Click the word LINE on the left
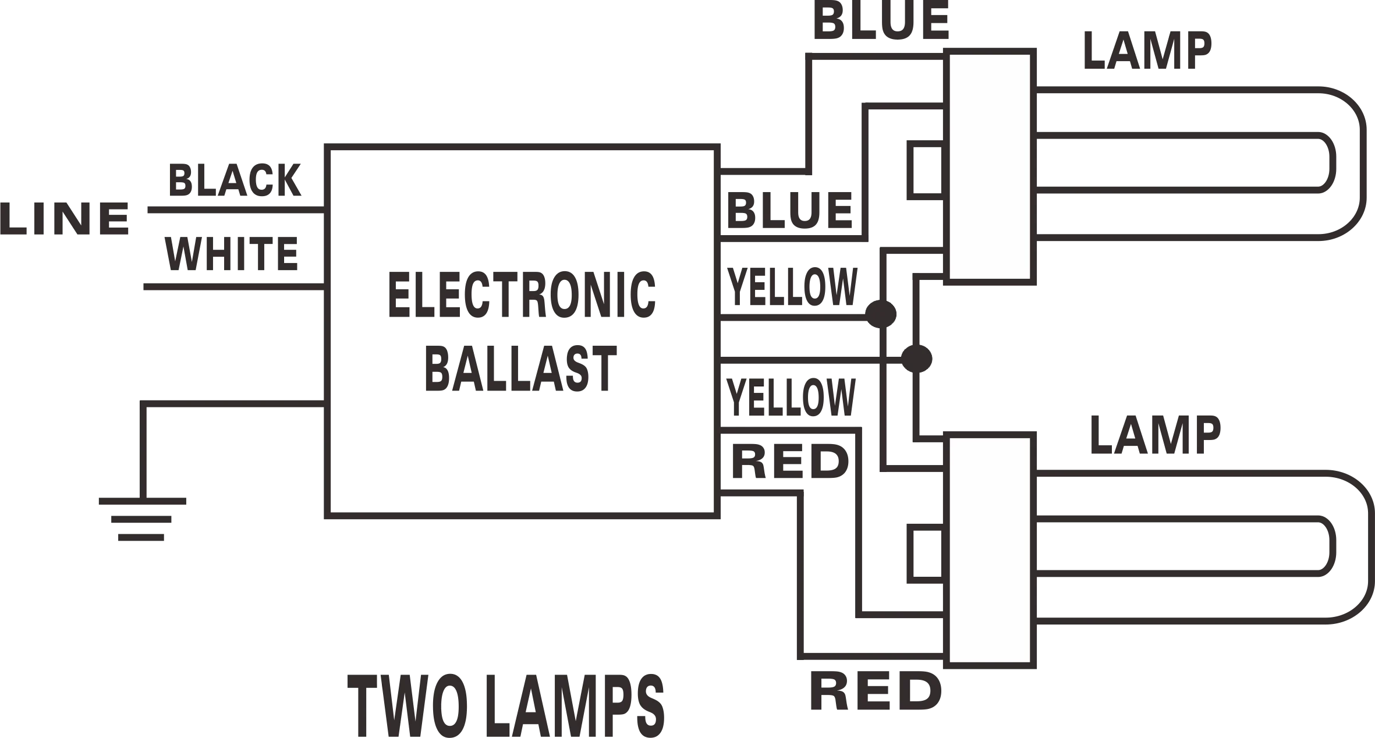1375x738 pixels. click(x=65, y=219)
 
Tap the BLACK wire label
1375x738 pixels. click(x=235, y=182)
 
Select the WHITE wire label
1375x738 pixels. click(x=231, y=254)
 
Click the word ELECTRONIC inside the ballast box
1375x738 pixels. click(x=522, y=296)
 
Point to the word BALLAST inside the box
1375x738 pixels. click(x=520, y=368)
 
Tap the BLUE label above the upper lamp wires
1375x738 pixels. click(x=880, y=22)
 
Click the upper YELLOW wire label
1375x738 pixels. click(x=793, y=286)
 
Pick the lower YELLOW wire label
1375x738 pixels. click(x=791, y=398)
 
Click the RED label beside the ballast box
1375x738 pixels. click(x=788, y=460)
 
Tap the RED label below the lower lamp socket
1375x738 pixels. click(x=876, y=691)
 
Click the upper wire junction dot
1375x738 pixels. click(x=882, y=314)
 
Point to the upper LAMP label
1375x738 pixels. click(x=1147, y=49)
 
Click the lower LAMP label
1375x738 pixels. click(x=1156, y=435)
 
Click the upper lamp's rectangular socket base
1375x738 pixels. click(x=990, y=167)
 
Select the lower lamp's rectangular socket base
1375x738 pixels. click(x=990, y=549)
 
